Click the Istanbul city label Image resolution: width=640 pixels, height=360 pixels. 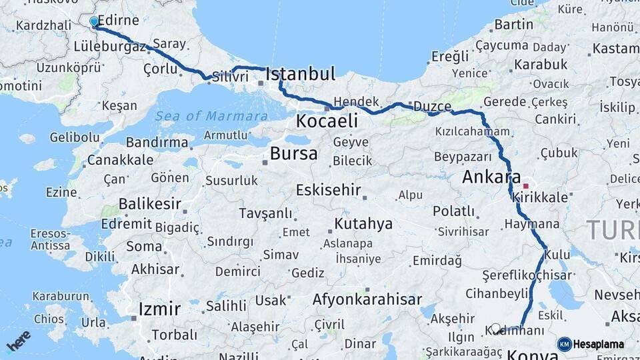(x=300, y=74)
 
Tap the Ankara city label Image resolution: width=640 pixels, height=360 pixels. (x=491, y=178)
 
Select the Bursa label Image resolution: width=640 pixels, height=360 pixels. (x=293, y=154)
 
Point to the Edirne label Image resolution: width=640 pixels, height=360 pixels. (x=118, y=21)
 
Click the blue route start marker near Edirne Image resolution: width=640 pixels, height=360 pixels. (x=94, y=22)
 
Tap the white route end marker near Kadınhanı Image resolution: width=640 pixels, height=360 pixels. (x=495, y=328)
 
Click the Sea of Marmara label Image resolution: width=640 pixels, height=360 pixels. (x=211, y=116)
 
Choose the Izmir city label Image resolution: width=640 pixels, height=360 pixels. (x=159, y=309)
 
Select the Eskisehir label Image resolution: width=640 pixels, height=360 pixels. (x=328, y=189)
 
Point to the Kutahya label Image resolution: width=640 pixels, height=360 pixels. (x=363, y=223)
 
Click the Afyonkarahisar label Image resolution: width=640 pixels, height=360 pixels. (x=367, y=299)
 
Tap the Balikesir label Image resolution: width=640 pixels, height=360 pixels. (x=150, y=203)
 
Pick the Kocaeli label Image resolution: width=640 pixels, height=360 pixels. (x=327, y=121)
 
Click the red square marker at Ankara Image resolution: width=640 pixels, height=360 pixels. (x=526, y=186)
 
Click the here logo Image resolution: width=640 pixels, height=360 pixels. (x=19, y=340)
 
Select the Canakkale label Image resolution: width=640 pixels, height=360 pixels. (x=120, y=161)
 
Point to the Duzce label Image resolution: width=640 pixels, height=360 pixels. (x=432, y=107)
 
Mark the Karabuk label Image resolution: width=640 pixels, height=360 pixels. (x=540, y=65)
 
